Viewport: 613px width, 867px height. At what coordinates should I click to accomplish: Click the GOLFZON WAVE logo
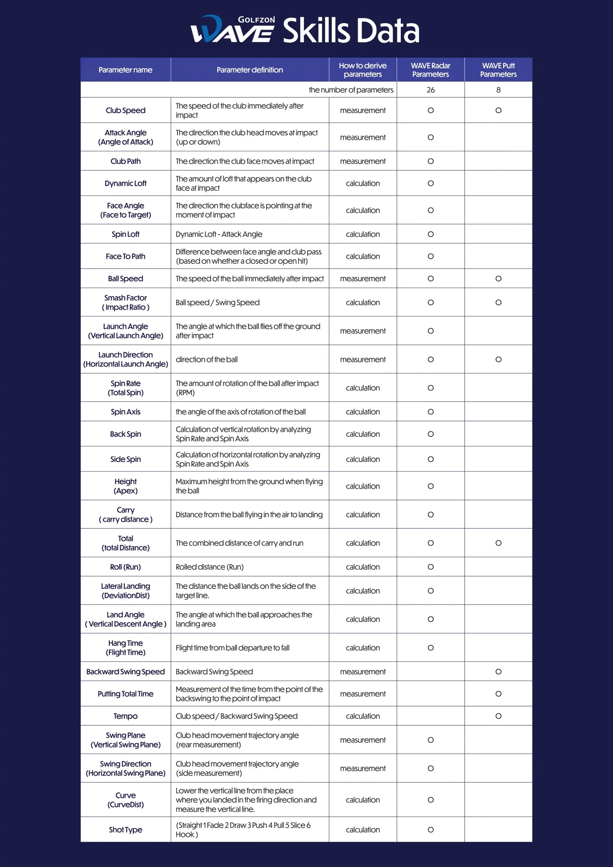[233, 29]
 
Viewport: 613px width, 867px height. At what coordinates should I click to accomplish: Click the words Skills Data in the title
[351, 31]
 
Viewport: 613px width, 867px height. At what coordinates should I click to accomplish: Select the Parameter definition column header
[249, 70]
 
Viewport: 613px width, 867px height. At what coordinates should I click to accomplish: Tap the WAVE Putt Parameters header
[498, 70]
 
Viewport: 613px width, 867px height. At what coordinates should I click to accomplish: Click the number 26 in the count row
[431, 90]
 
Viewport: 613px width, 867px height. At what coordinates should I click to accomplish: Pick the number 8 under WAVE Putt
[498, 90]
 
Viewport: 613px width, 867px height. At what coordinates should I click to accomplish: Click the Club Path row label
[125, 161]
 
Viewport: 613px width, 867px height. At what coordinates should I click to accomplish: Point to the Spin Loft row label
[125, 234]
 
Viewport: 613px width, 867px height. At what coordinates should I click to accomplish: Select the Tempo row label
[125, 716]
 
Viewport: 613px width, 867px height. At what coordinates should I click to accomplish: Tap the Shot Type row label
[125, 829]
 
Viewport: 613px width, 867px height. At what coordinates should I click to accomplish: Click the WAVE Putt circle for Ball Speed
[498, 279]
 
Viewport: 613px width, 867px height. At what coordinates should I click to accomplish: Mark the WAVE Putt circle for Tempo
[498, 716]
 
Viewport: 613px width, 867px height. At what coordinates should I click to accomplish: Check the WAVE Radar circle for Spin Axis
[431, 412]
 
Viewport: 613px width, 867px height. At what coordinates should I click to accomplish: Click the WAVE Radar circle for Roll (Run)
[431, 567]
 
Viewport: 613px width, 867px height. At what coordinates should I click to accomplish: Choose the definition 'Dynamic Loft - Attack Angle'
[219, 234]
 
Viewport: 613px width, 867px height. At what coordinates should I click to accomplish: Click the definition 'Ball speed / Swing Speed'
[217, 302]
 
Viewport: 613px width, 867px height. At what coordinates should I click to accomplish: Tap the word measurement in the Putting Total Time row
[362, 694]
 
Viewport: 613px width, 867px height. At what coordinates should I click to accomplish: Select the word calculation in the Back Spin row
[362, 434]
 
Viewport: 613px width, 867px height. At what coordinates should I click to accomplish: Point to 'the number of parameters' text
[351, 90]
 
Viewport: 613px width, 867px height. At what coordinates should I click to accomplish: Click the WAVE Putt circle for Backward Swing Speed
[498, 672]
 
